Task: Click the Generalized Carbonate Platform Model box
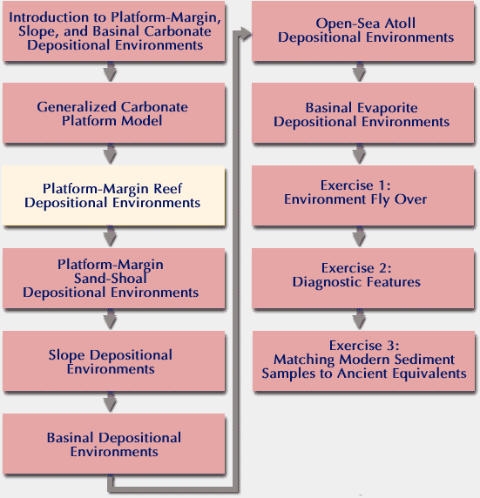[114, 113]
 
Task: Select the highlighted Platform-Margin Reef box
[113, 195]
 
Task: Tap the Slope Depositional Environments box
[114, 361]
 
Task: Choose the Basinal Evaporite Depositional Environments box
[362, 113]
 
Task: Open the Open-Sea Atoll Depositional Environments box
[362, 30]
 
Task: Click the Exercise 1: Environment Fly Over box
[362, 195]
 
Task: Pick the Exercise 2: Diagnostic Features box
[362, 279]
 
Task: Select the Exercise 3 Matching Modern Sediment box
[363, 361]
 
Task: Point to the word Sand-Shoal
[111, 279]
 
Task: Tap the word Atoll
[400, 24]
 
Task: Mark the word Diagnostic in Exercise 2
[328, 282]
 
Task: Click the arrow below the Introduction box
[110, 71]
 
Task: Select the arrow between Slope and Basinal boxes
[110, 402]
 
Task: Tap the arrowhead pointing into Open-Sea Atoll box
[246, 34]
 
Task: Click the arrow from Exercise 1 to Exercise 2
[359, 237]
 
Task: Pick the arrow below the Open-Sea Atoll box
[359, 71]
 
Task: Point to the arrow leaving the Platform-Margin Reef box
[110, 237]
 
